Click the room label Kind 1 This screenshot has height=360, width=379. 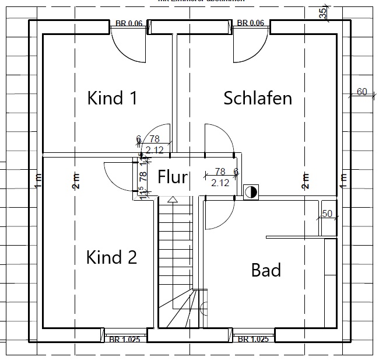(x=113, y=98)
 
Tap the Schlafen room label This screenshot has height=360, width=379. (x=258, y=98)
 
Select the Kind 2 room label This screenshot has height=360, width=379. (x=111, y=257)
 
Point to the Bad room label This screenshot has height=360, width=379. (x=266, y=270)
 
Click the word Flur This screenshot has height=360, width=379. (x=173, y=177)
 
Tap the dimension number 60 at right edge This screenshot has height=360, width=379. (x=362, y=92)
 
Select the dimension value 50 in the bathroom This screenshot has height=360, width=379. (x=327, y=214)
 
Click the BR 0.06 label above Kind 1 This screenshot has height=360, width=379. (x=128, y=23)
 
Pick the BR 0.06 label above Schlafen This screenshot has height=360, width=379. (x=251, y=23)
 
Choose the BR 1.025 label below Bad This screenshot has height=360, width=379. (x=253, y=339)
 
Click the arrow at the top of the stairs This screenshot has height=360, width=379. (x=172, y=200)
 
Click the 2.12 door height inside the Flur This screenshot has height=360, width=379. (x=220, y=183)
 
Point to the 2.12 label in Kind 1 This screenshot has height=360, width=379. (x=155, y=150)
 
